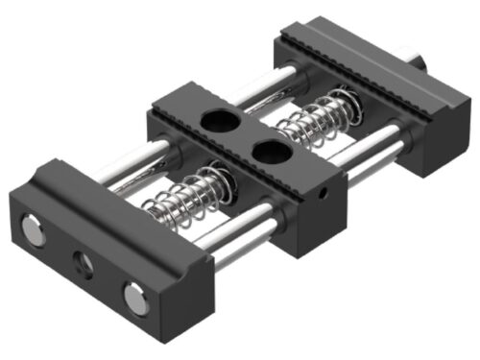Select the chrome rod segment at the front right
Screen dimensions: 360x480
[x=242, y=244]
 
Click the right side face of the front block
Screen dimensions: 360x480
[x=197, y=283]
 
